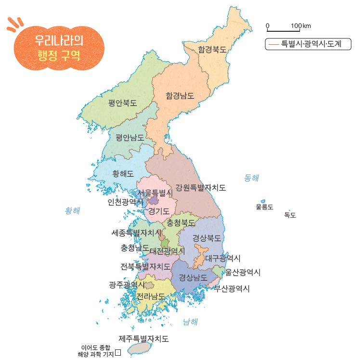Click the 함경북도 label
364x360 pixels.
pos(212,49)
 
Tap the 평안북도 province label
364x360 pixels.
pos(122,103)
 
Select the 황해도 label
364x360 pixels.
pos(123,173)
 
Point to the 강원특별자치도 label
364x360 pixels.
pos(201,187)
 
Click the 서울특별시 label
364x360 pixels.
pos(155,193)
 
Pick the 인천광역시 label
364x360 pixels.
pos(125,202)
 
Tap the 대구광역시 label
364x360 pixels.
pos(223,258)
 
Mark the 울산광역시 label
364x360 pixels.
pos(243,272)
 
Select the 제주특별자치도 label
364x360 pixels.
pos(144,339)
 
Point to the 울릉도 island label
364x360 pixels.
pos(264,207)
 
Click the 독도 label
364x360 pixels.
pos(290,215)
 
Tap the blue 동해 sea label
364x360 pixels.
pos(251,178)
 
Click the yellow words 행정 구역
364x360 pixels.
pos(59,53)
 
